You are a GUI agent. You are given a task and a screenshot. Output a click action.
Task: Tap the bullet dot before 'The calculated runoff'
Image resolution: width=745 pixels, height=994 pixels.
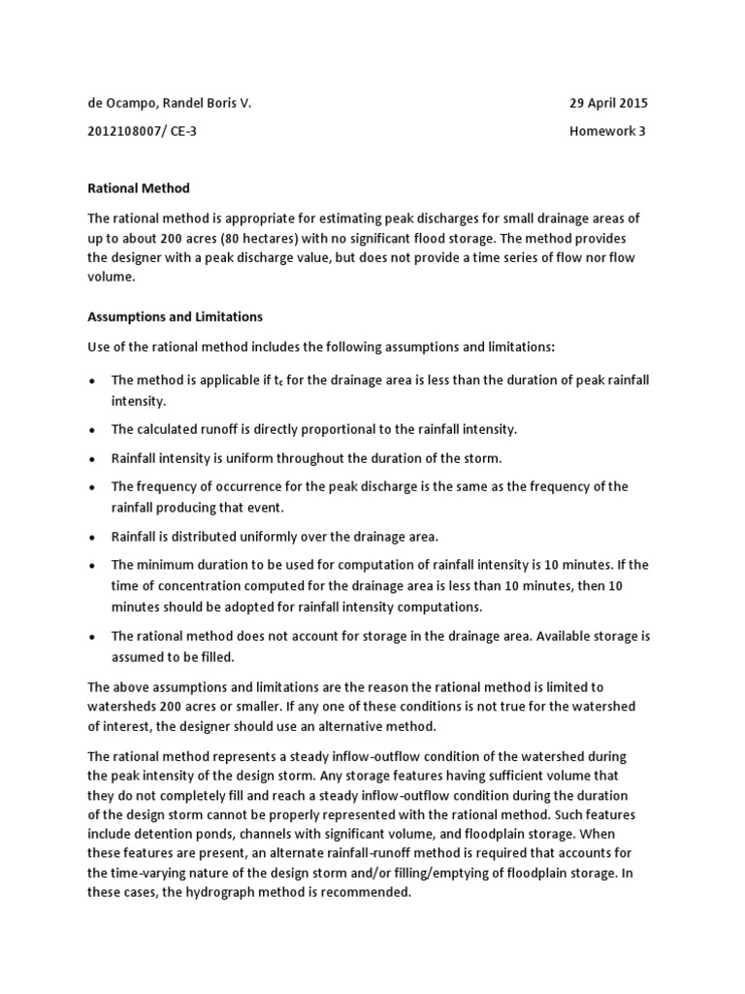pyautogui.click(x=92, y=429)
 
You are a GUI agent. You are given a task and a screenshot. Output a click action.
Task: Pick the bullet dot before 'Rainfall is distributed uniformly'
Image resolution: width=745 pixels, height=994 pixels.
pyautogui.click(x=92, y=536)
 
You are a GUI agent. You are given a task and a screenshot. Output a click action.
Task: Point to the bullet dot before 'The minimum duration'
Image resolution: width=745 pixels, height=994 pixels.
pyautogui.click(x=92, y=565)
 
